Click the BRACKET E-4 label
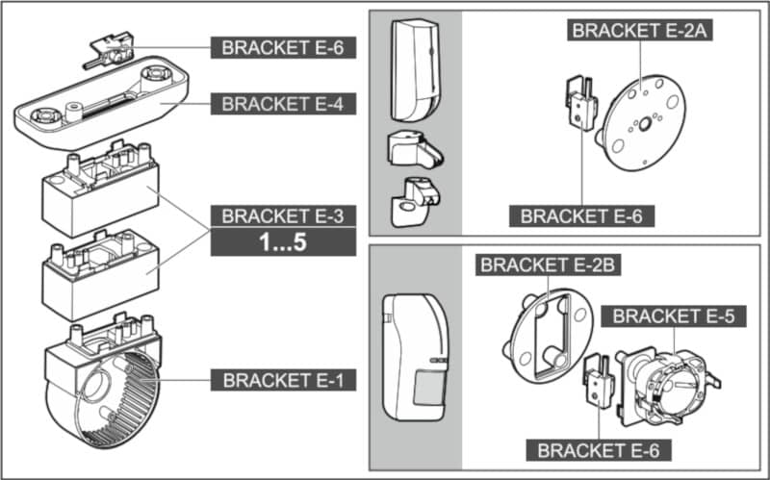pyautogui.click(x=283, y=103)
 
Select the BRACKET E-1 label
pyautogui.click(x=283, y=381)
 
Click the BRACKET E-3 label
pyautogui.click(x=283, y=215)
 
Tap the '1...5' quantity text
pyautogui.click(x=283, y=243)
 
